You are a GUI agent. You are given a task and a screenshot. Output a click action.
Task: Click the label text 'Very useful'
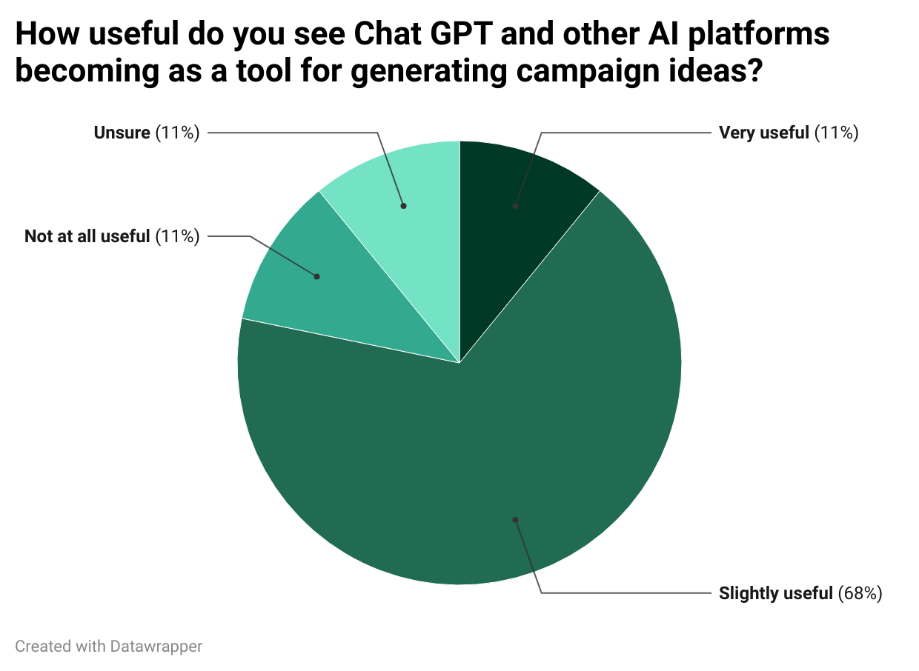pos(763,133)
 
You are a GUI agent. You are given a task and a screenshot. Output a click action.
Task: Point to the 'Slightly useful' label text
pos(775,593)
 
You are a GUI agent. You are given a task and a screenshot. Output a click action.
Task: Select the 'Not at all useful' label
pos(87,237)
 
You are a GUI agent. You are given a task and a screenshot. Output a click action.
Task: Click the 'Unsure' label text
pos(122,133)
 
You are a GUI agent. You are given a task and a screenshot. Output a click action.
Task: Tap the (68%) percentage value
pos(860,593)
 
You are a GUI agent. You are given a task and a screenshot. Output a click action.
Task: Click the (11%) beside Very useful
pos(836,133)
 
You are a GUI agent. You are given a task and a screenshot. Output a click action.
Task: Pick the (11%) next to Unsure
pos(177,133)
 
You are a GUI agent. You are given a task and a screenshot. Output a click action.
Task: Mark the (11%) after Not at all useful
pos(177,237)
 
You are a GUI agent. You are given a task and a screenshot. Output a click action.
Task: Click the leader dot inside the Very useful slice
pos(515,206)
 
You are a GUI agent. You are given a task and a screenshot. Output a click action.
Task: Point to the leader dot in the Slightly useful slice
pos(515,519)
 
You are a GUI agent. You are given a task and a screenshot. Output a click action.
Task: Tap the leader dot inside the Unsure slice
pos(403,206)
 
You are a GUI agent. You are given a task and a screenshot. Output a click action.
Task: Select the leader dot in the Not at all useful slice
pos(316,276)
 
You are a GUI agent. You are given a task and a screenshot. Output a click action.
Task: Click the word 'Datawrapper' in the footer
pos(156,646)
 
